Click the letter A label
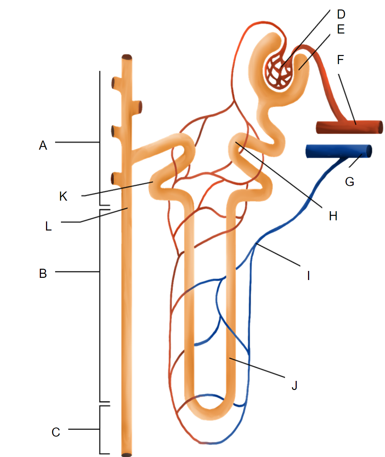click(43, 145)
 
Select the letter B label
click(43, 273)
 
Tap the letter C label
click(56, 432)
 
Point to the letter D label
click(341, 14)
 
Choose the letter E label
click(341, 29)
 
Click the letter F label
click(340, 60)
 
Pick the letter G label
click(350, 181)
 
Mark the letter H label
click(333, 216)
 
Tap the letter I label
click(308, 276)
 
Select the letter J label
click(294, 385)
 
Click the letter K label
click(63, 197)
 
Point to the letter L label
click(49, 226)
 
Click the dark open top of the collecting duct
click(127, 57)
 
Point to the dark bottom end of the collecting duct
click(126, 454)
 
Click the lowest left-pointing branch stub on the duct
click(115, 179)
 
